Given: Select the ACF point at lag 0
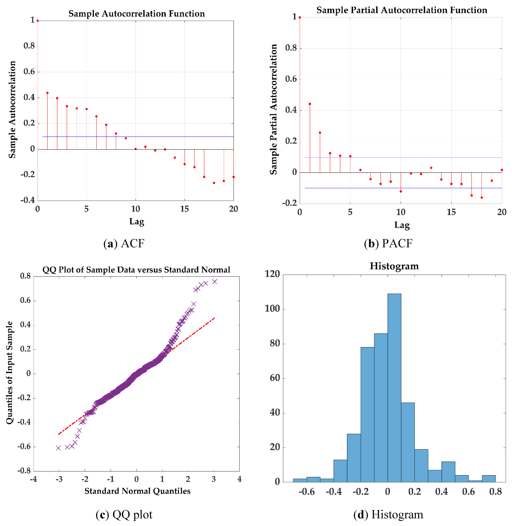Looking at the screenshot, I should click(x=38, y=21).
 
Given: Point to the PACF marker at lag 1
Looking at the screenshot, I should click(x=310, y=104).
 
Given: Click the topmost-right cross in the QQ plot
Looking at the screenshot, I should click(x=215, y=281).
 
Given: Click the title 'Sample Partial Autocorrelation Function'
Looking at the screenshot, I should click(x=402, y=10).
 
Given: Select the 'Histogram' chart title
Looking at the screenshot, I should click(x=394, y=266).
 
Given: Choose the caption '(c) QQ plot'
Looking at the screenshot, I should click(x=124, y=514).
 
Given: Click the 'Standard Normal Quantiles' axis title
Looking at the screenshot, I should click(x=137, y=491).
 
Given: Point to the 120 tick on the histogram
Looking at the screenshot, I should click(x=272, y=274).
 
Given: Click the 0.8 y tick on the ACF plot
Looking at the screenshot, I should click(x=29, y=46).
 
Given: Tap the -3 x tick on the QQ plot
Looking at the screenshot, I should click(x=59, y=479).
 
